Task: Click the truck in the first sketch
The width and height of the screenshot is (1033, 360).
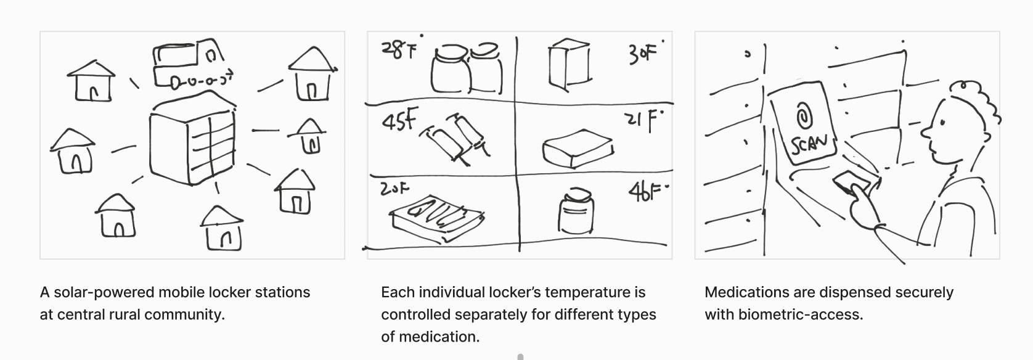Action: [192, 65]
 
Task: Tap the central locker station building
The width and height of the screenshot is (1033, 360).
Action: [192, 138]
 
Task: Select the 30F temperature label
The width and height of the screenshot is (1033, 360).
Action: [644, 53]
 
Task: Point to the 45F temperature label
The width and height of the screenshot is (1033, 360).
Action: [399, 121]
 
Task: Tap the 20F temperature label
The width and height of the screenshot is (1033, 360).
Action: [394, 189]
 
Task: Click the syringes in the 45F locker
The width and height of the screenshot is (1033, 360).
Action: [455, 138]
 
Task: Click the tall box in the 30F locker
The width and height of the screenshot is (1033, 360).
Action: [570, 65]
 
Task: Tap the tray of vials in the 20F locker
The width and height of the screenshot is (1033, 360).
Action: [437, 219]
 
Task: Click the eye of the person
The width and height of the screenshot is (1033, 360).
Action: [942, 123]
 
